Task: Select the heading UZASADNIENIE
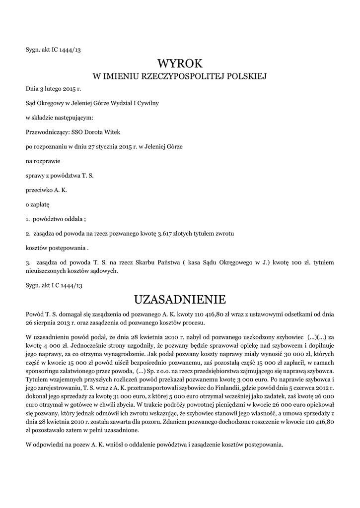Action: [180, 300]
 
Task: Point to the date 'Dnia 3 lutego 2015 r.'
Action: [53, 89]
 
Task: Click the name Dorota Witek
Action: [102, 132]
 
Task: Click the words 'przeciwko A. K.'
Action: [46, 190]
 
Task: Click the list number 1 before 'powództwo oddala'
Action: [27, 219]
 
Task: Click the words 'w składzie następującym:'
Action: [59, 118]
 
